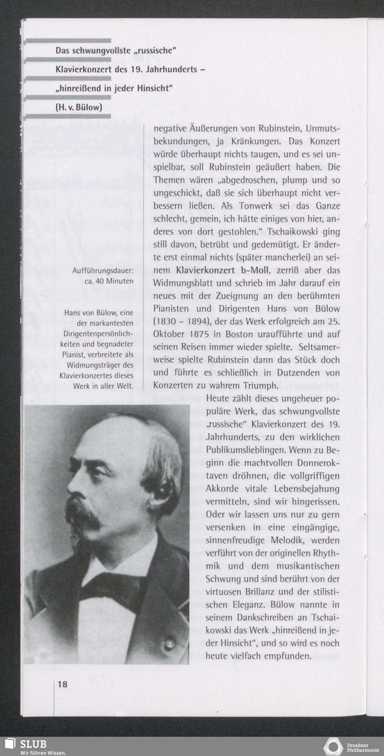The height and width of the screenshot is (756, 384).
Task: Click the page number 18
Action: [x=63, y=684]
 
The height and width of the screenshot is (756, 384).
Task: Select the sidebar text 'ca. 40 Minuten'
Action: [x=109, y=281]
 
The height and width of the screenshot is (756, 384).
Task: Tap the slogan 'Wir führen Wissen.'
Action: [x=43, y=752]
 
